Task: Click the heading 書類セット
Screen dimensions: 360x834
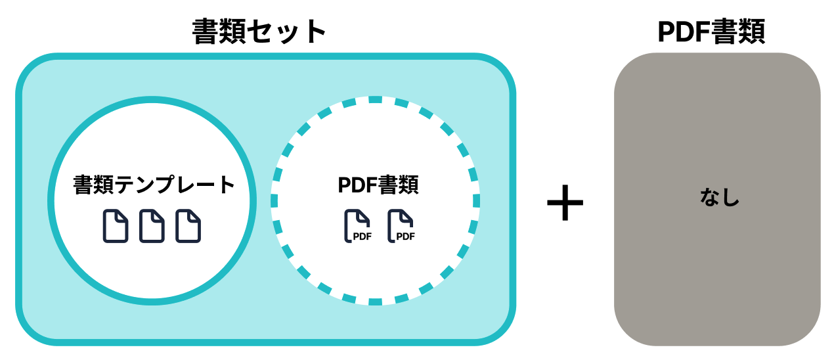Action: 259,31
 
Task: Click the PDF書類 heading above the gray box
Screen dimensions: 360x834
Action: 711,31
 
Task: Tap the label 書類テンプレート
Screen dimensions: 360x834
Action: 154,185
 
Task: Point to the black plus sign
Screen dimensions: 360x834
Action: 565,203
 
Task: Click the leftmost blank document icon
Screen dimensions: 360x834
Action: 116,226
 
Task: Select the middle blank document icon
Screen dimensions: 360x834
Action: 152,226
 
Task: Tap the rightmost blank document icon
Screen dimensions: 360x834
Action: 188,226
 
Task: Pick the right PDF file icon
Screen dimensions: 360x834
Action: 401,226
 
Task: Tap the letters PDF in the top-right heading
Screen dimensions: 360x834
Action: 684,31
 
